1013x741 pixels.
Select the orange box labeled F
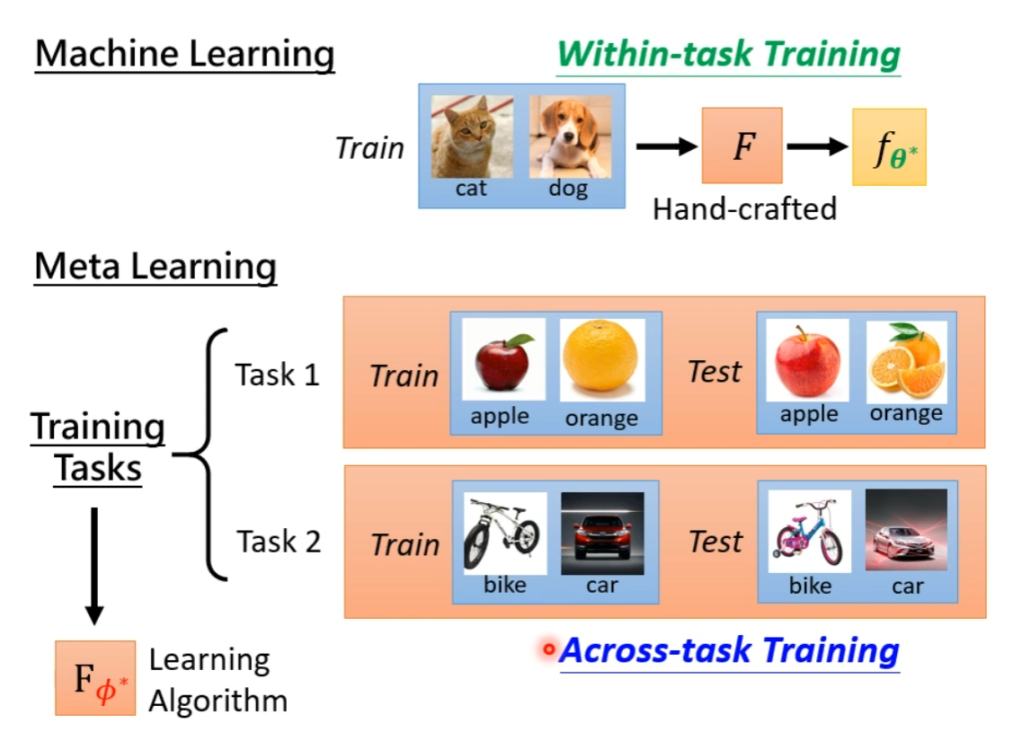742,146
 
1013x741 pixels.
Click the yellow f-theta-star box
889,147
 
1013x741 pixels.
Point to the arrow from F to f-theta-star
817,146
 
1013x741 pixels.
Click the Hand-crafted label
744,209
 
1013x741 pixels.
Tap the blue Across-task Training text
729,650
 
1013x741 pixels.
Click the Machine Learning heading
184,55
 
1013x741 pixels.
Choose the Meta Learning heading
156,267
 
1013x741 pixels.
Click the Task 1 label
278,374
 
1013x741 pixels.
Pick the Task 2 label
279,542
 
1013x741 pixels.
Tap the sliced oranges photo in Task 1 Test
906,361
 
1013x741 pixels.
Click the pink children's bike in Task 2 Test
810,532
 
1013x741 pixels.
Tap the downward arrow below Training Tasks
93,566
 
